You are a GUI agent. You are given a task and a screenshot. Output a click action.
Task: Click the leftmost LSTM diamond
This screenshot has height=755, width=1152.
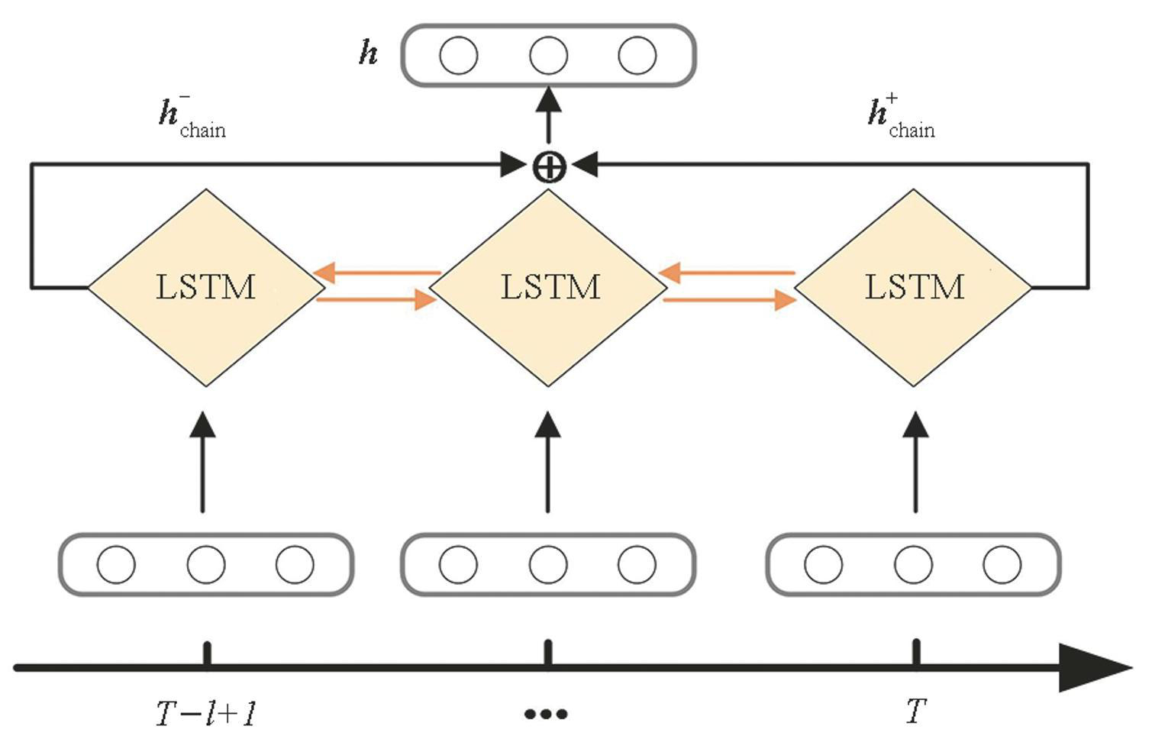pyautogui.click(x=206, y=288)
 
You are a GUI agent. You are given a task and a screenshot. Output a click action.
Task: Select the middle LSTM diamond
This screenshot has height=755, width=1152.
pyautogui.click(x=549, y=288)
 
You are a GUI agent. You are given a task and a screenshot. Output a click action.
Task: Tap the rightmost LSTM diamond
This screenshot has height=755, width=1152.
pyautogui.click(x=914, y=288)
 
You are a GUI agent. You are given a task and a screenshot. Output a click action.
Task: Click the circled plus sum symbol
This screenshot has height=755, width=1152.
pyautogui.click(x=549, y=166)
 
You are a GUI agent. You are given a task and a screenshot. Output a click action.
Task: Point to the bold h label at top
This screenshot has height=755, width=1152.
pyautogui.click(x=369, y=53)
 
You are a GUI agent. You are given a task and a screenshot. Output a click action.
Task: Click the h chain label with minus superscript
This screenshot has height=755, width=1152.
pyautogui.click(x=191, y=118)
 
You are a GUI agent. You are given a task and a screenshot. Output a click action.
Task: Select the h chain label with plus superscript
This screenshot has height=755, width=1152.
pyautogui.click(x=901, y=118)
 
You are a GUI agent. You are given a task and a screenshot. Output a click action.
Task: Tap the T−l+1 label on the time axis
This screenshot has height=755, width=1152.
pyautogui.click(x=206, y=714)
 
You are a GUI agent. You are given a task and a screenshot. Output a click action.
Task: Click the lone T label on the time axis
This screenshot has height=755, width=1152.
pyautogui.click(x=915, y=712)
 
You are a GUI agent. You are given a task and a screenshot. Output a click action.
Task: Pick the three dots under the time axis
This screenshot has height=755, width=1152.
pyautogui.click(x=546, y=715)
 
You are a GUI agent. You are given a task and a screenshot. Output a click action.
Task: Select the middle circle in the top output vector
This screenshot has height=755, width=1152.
pyautogui.click(x=548, y=56)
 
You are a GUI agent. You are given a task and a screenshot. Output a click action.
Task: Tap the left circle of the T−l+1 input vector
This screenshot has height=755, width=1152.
pyautogui.click(x=116, y=565)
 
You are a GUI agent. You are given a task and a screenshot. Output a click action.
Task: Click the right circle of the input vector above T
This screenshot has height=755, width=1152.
pyautogui.click(x=1002, y=565)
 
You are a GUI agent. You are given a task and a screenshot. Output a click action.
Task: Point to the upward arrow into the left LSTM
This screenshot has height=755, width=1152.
pyautogui.click(x=202, y=462)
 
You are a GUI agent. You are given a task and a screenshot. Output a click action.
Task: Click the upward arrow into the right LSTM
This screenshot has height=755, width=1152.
pyautogui.click(x=915, y=462)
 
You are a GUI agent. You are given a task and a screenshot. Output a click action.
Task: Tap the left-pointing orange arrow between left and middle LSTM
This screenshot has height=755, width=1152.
pyautogui.click(x=378, y=273)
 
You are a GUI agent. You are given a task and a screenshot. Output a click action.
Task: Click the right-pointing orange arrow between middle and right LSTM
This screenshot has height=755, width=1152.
pyautogui.click(x=729, y=300)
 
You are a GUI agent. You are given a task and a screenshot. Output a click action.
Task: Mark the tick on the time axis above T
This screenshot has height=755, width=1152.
pyautogui.click(x=916, y=653)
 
